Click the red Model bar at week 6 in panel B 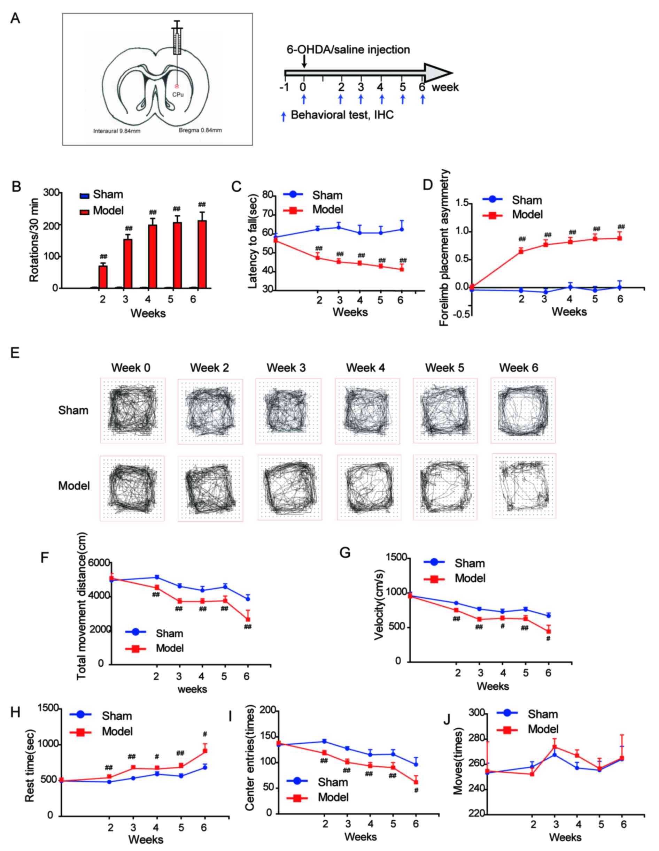tap(202, 254)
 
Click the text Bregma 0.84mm tap(200, 130)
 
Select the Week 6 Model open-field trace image tap(524, 485)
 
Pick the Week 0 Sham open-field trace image tap(132, 410)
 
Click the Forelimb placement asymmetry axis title tap(444, 247)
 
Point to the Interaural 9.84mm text tap(117, 131)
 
